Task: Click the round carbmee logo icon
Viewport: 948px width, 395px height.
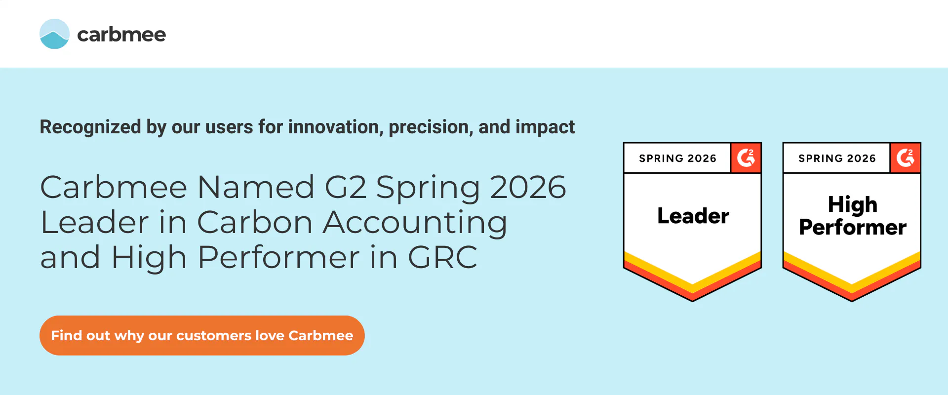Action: click(x=54, y=34)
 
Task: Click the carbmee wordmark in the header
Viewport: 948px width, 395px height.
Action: click(x=121, y=35)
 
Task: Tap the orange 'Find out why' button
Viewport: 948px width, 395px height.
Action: click(x=202, y=335)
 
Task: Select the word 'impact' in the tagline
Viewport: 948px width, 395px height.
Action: click(x=545, y=127)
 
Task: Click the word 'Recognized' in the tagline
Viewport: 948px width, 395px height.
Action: click(x=90, y=127)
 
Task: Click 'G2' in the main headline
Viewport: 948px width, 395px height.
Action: click(x=346, y=187)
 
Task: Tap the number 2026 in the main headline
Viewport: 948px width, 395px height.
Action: click(x=528, y=187)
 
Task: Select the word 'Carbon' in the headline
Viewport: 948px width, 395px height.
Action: click(x=255, y=222)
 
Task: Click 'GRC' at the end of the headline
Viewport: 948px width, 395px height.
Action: click(x=442, y=257)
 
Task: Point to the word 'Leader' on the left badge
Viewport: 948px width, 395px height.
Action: click(x=693, y=216)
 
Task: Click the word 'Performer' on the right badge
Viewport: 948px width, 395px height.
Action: click(x=853, y=227)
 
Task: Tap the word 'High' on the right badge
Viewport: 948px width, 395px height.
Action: click(x=853, y=204)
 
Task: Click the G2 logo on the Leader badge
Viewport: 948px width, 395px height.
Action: click(x=746, y=158)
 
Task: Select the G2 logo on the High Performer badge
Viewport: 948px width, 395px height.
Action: click(x=905, y=158)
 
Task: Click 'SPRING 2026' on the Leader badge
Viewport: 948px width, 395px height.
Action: click(x=677, y=158)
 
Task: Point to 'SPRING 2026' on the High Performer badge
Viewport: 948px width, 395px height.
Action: click(x=837, y=158)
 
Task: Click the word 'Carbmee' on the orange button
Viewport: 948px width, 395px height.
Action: click(x=321, y=335)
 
